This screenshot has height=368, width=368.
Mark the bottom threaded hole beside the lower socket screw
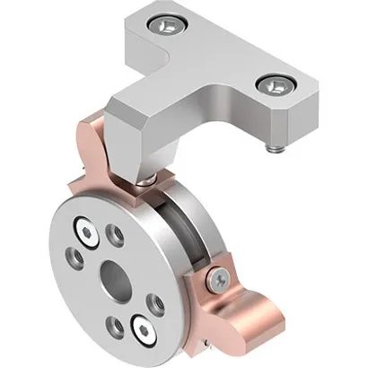pos(114,325)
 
